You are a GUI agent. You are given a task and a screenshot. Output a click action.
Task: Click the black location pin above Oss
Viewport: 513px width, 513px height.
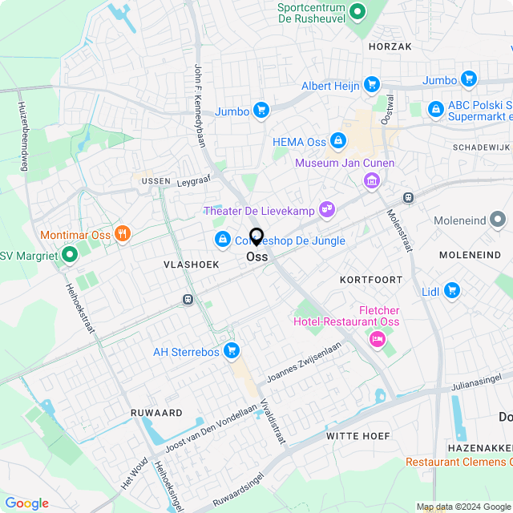pos(256,237)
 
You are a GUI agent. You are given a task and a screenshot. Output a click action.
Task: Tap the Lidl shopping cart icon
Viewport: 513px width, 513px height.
pos(451,290)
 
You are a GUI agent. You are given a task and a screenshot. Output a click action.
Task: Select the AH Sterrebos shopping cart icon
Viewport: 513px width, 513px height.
pos(232,350)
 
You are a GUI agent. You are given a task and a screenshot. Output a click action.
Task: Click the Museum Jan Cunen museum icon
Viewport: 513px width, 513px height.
pos(371,182)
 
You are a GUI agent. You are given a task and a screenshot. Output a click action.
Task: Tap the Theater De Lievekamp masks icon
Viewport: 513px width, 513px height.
pos(326,210)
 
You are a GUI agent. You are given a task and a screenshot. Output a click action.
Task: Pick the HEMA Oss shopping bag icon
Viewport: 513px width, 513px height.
pos(338,141)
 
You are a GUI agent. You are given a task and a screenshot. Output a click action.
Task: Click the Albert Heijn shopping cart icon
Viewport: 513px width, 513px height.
pos(371,84)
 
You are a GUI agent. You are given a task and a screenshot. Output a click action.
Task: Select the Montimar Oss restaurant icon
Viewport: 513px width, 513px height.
pos(122,234)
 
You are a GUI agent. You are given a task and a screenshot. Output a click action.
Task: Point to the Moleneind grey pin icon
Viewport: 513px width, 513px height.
pos(498,220)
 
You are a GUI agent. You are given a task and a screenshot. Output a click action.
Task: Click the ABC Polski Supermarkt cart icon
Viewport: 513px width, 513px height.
pos(435,107)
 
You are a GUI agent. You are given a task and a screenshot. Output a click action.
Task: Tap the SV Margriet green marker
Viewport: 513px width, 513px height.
pos(69,255)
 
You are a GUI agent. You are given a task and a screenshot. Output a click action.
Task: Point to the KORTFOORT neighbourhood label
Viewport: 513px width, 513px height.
pos(370,280)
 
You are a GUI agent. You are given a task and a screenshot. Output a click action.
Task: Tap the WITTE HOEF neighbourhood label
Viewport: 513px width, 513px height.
pos(358,436)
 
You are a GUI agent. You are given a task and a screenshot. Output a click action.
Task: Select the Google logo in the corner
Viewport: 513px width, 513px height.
pos(27,503)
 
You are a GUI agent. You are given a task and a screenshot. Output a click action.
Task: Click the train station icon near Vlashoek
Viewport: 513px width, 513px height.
pos(188,300)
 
